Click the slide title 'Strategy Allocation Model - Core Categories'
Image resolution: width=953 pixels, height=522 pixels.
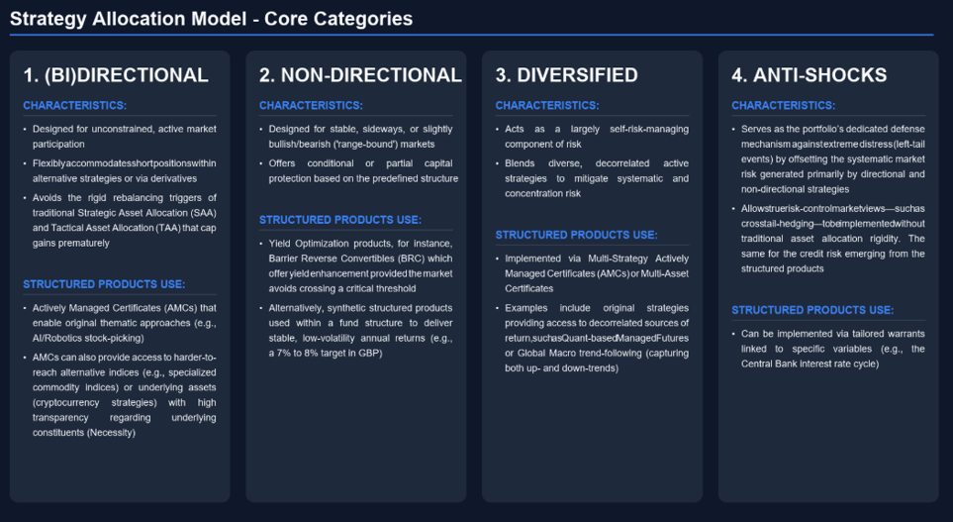click(x=212, y=19)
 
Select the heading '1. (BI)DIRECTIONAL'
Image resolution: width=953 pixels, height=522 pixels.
click(x=116, y=75)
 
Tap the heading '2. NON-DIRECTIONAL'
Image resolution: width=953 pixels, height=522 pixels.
click(x=360, y=75)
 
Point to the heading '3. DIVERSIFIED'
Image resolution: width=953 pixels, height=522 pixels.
click(x=566, y=75)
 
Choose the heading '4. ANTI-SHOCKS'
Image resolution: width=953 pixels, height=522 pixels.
click(x=809, y=75)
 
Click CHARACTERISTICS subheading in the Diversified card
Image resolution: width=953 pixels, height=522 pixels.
click(x=547, y=105)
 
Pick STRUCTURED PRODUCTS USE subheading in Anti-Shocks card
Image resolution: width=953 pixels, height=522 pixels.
click(x=812, y=310)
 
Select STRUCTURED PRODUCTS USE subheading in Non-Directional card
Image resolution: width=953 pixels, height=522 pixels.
click(x=340, y=220)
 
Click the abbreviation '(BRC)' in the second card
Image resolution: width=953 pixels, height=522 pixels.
click(x=411, y=259)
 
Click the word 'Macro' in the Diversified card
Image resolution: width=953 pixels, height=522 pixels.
click(x=564, y=353)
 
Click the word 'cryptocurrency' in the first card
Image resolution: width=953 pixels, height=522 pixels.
click(x=66, y=403)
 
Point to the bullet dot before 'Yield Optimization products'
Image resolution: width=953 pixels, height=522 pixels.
click(x=261, y=244)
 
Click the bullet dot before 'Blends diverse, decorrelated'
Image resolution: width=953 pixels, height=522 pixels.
click(x=497, y=163)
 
